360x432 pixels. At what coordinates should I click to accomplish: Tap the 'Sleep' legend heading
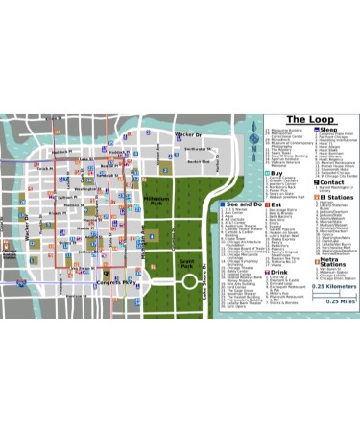(x=329, y=129)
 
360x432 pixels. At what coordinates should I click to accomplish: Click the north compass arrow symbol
(x=252, y=143)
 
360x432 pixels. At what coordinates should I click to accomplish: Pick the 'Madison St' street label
(x=74, y=204)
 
